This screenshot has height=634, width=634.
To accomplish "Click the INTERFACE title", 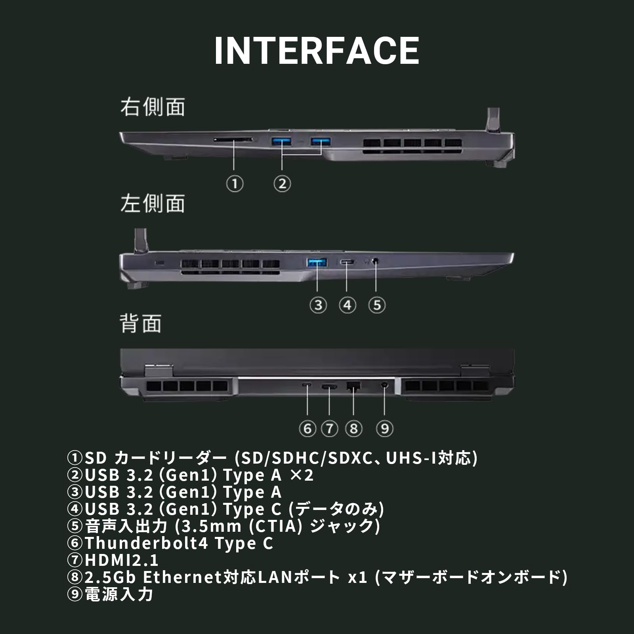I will [x=316, y=51].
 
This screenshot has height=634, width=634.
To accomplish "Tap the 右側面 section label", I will [x=153, y=107].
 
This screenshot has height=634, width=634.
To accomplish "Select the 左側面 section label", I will [x=153, y=204].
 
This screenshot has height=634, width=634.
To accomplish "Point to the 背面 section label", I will [x=141, y=324].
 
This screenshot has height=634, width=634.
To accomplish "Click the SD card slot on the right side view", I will [x=233, y=139].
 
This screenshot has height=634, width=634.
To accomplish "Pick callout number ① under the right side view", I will [x=235, y=184].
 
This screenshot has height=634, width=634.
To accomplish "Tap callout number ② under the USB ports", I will [x=282, y=184].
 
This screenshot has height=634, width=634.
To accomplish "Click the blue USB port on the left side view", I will [x=317, y=262].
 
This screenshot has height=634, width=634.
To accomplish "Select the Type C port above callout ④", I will [x=347, y=262].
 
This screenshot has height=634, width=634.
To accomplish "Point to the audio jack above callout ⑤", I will [x=376, y=261].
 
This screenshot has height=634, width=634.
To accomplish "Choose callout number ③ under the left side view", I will [x=318, y=306].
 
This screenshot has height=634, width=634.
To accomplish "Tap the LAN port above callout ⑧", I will [x=353, y=385].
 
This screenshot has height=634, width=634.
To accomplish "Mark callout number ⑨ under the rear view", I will [x=384, y=429].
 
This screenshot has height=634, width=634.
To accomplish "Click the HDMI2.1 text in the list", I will [x=121, y=560].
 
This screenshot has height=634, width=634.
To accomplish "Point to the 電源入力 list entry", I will [x=119, y=594].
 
